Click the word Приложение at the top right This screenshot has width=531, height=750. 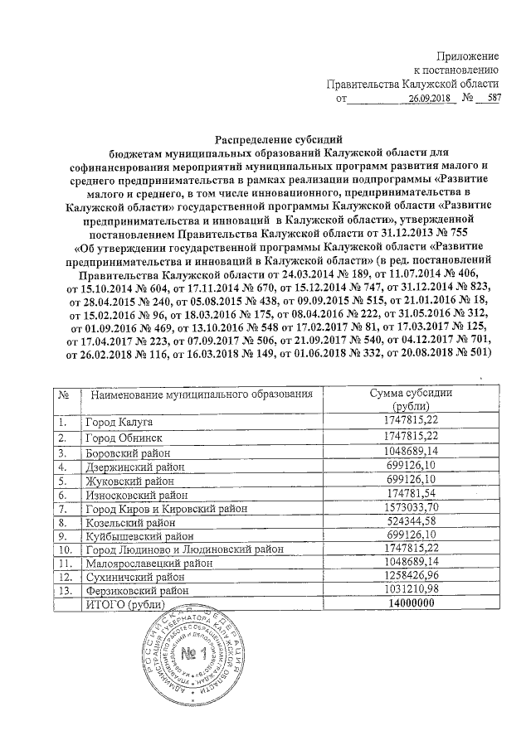pyautogui.click(x=469, y=54)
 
